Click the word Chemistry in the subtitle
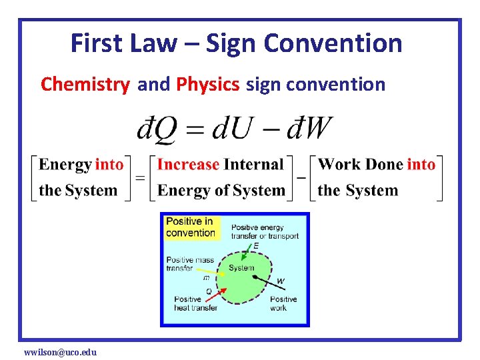click(x=85, y=85)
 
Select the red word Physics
click(x=207, y=85)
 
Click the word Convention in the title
click(x=333, y=43)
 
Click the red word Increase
click(x=188, y=165)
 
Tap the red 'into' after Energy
click(x=109, y=165)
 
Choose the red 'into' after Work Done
click(x=421, y=165)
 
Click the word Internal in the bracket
click(x=254, y=165)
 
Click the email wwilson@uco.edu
click(x=60, y=351)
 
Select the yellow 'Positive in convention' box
click(x=191, y=227)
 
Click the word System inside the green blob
click(x=241, y=268)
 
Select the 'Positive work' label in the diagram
click(x=283, y=304)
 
